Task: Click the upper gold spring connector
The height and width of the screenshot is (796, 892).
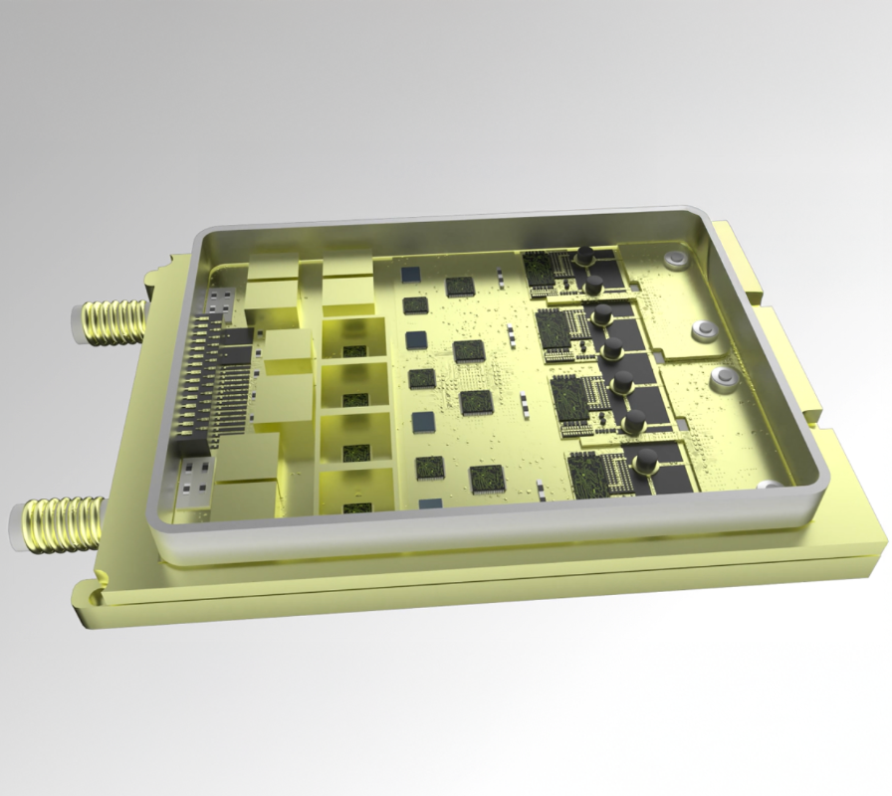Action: (x=114, y=320)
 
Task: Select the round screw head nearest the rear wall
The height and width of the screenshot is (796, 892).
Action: (x=677, y=261)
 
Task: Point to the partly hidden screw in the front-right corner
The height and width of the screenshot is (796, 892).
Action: (x=767, y=486)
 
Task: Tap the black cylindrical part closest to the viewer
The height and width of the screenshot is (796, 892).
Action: (x=645, y=461)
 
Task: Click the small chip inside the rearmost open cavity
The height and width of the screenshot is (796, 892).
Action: (x=350, y=352)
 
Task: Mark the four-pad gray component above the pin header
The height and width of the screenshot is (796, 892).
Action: (x=220, y=299)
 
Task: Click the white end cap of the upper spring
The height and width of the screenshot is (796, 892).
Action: (x=76, y=320)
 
